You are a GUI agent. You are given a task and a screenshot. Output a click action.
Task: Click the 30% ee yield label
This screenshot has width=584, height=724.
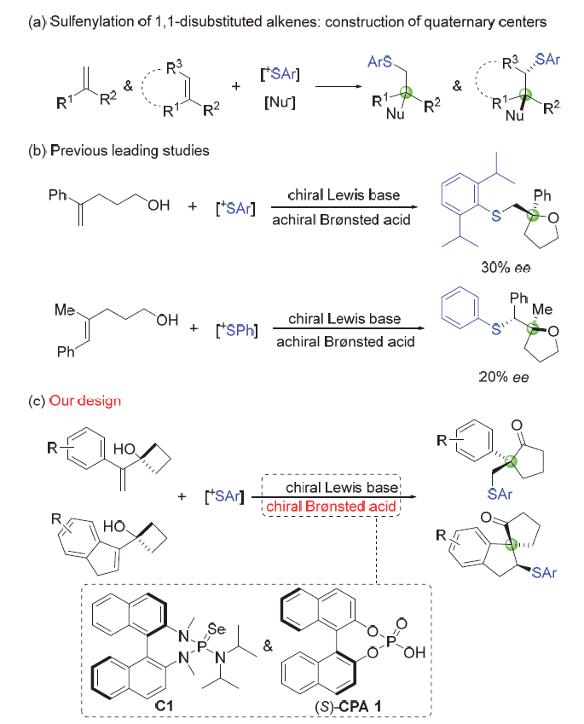506,268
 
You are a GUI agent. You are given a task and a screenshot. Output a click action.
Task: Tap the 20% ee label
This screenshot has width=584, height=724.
503,377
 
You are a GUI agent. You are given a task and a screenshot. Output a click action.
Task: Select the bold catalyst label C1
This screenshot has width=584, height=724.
165,705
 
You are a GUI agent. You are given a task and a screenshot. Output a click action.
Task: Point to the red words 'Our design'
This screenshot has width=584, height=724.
85,401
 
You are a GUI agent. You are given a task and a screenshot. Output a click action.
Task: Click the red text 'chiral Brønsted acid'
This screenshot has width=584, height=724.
331,507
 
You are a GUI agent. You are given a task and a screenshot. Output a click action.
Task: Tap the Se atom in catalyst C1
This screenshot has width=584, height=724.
217,628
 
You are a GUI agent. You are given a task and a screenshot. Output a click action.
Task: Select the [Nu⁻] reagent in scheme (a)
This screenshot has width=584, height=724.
280,102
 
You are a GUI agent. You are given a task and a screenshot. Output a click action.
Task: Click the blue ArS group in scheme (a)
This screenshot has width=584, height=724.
379,62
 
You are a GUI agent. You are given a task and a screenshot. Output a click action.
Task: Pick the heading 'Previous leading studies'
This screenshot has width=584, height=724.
130,151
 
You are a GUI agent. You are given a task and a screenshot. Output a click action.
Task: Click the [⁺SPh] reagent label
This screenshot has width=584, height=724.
237,330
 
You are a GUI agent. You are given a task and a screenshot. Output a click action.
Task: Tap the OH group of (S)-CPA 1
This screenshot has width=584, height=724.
414,652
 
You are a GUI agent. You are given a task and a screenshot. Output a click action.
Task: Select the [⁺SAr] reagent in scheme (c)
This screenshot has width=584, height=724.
224,496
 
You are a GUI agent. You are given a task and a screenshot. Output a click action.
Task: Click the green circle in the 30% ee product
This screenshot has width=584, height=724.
534,215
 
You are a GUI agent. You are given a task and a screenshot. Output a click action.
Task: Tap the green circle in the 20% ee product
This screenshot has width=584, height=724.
533,328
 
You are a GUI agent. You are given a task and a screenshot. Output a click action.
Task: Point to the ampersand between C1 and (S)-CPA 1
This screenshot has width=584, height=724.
268,646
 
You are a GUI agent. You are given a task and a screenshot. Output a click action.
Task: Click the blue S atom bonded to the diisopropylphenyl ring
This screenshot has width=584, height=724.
496,215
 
